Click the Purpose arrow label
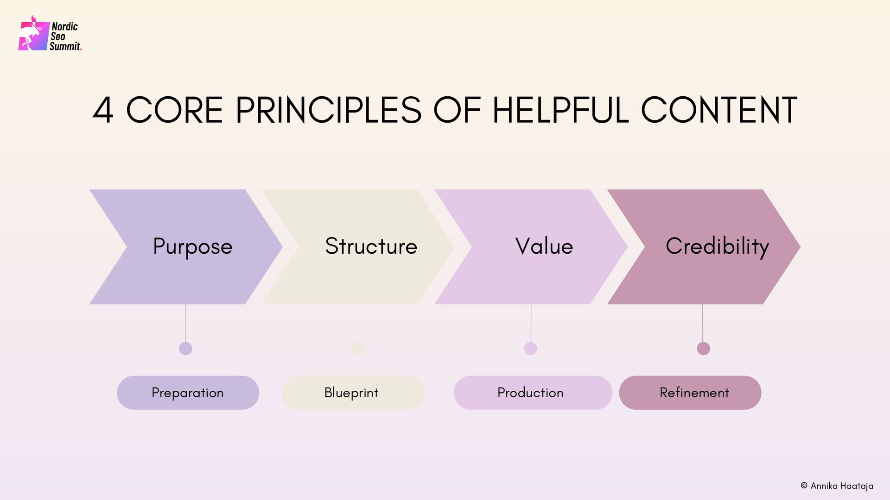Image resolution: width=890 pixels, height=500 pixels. (192, 246)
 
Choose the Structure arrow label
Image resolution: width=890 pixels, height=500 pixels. (371, 246)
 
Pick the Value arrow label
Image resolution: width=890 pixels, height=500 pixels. (544, 246)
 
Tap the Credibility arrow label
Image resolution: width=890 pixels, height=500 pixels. (717, 246)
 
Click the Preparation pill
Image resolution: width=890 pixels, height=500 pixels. (188, 393)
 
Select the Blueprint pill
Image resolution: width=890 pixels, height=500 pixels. (352, 393)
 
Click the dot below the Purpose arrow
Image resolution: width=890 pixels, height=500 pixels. (185, 348)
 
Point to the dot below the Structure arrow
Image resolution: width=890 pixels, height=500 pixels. (358, 348)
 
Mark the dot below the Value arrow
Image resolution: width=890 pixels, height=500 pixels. (531, 348)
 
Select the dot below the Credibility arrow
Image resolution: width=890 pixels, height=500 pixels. (703, 348)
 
